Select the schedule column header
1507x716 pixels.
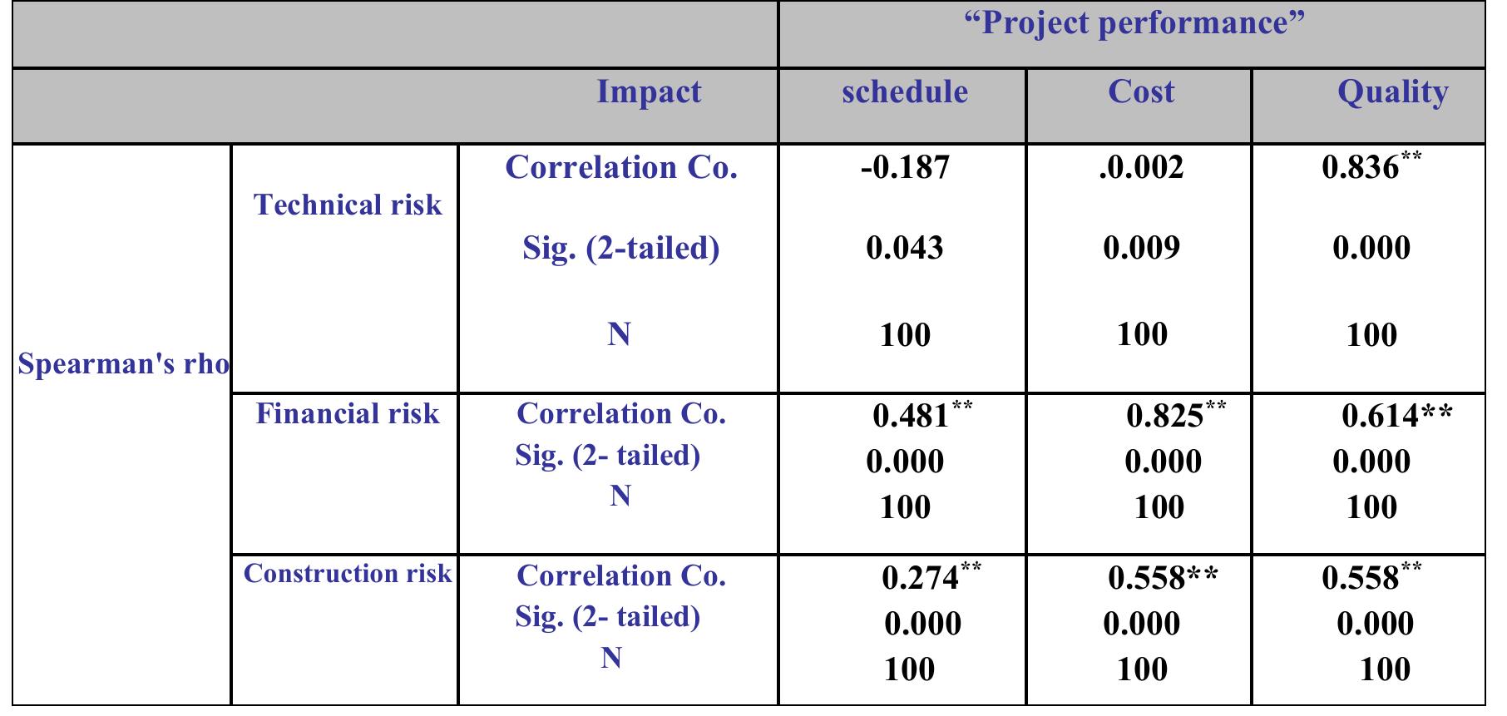click(905, 91)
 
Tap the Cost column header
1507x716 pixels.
click(1141, 91)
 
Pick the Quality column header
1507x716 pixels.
click(1392, 92)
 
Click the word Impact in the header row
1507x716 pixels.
click(649, 91)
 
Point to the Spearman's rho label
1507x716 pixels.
click(123, 364)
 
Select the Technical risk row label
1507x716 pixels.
click(348, 205)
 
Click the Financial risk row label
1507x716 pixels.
click(348, 413)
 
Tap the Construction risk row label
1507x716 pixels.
click(348, 574)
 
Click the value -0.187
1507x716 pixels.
click(905, 168)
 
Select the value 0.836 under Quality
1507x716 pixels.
click(1361, 168)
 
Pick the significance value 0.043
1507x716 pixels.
click(905, 248)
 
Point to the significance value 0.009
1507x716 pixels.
click(1141, 248)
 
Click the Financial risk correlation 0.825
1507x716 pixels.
click(1164, 415)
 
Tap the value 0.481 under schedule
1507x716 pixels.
click(912, 415)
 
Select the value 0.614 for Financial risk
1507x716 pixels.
click(1381, 415)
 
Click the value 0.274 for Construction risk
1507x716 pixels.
click(920, 577)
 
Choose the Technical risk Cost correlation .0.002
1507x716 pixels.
click(1141, 168)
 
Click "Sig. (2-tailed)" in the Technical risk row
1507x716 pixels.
click(620, 248)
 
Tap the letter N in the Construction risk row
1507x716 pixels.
click(611, 658)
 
